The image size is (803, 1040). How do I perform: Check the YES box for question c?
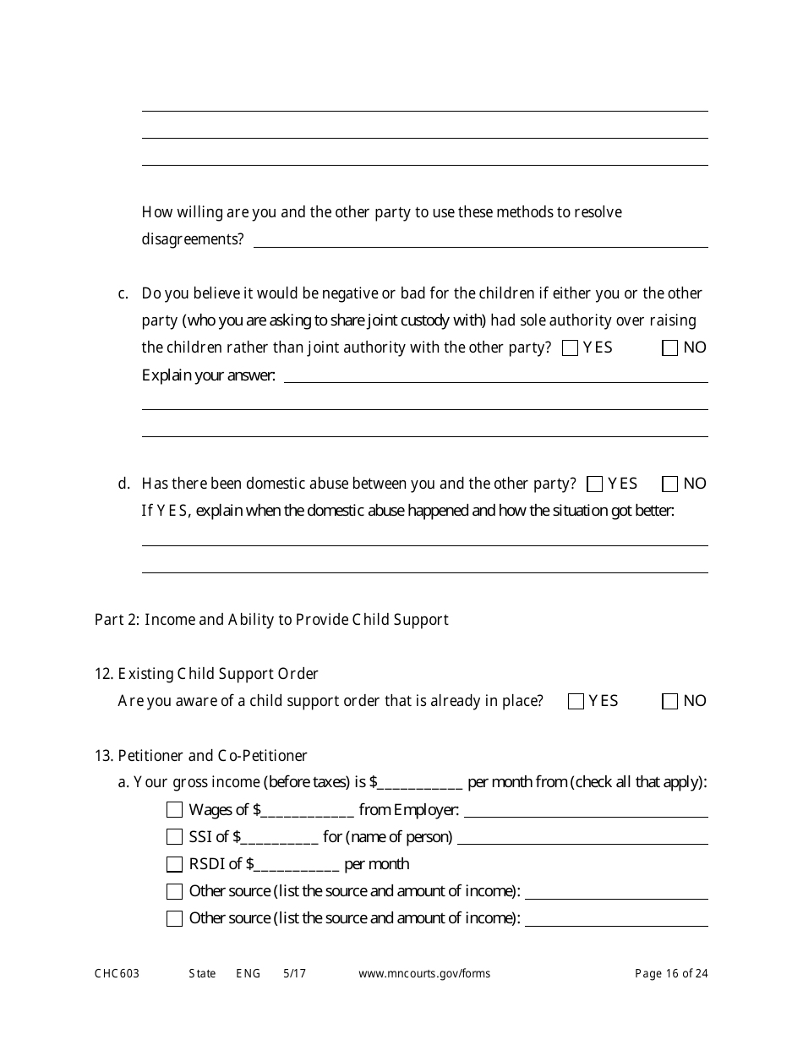point(570,348)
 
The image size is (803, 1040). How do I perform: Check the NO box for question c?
point(670,348)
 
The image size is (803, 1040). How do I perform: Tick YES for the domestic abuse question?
point(594,484)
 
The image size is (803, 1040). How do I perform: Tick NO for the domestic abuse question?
point(670,484)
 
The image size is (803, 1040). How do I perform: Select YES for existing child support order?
point(576,702)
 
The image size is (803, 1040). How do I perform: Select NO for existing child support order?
point(670,702)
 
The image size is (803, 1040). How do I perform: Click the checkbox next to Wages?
point(175,810)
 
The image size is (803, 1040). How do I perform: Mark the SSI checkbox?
point(175,837)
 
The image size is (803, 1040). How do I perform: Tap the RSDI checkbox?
point(175,864)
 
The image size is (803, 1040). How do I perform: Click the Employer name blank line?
point(586,811)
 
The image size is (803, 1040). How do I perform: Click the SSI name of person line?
point(582,838)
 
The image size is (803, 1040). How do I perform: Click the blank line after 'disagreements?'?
point(480,240)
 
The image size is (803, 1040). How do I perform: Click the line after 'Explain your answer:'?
point(495,376)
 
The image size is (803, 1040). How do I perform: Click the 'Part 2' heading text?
point(271,620)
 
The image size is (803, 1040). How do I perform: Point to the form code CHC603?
point(117,973)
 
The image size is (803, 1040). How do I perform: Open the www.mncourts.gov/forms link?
point(424,973)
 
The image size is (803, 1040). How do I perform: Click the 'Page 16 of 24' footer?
point(671,973)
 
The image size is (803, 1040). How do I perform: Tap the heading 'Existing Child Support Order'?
point(218,674)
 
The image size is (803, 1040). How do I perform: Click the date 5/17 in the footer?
point(295,973)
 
